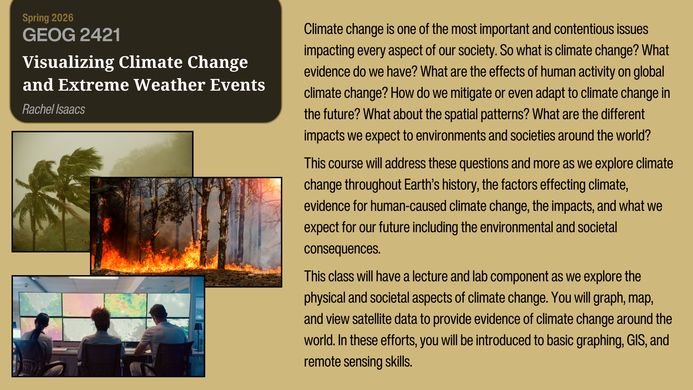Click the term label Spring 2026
(48, 18)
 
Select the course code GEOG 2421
(71, 35)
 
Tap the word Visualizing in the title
(68, 62)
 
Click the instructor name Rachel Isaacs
(54, 109)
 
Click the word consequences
(342, 249)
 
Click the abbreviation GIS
(637, 340)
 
